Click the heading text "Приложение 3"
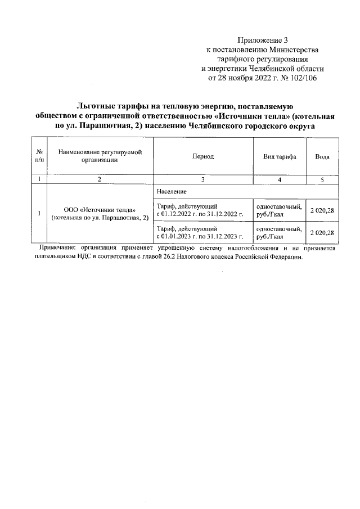pos(263,40)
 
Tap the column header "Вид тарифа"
pos(279,156)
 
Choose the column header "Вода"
pos(322,156)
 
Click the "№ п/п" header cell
pos(39,156)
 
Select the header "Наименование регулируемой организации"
pos(98,156)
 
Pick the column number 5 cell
pos(322,179)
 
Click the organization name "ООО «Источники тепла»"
pos(99,210)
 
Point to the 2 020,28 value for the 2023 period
pos(322,232)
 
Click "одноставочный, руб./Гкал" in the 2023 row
pos(279,233)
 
